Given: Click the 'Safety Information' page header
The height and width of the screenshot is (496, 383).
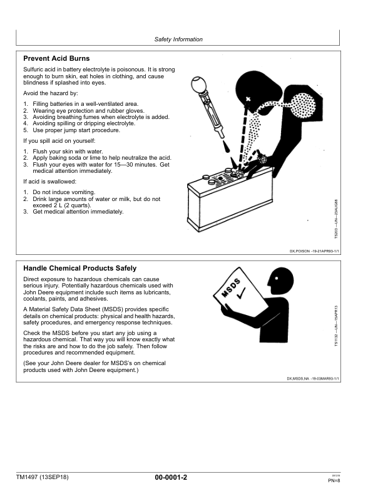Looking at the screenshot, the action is (x=178, y=39).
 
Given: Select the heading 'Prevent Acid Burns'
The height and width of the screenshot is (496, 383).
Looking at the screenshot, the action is (x=56, y=58).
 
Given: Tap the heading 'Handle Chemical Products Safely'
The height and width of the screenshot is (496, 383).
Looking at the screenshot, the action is (x=79, y=268).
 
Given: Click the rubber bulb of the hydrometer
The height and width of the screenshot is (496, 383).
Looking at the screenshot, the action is (x=199, y=85).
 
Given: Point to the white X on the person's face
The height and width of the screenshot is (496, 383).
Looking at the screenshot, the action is (x=248, y=100).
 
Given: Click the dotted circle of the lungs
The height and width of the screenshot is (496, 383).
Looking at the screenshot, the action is (x=303, y=105).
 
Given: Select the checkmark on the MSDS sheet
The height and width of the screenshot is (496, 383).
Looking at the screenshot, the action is (x=241, y=293).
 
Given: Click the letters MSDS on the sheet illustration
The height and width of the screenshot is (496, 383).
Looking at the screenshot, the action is (x=231, y=288).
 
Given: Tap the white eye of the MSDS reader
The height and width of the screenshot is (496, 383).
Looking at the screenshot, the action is (x=277, y=278).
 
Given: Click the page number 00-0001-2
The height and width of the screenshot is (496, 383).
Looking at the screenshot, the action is (x=171, y=477).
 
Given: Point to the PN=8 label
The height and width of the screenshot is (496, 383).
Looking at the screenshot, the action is (x=334, y=481).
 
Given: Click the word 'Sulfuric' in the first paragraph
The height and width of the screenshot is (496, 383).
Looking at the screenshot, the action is (x=33, y=70).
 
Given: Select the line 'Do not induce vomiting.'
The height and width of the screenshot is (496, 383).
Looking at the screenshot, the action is (x=64, y=192).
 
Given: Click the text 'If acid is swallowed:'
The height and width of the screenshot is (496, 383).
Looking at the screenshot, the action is (x=49, y=182).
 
